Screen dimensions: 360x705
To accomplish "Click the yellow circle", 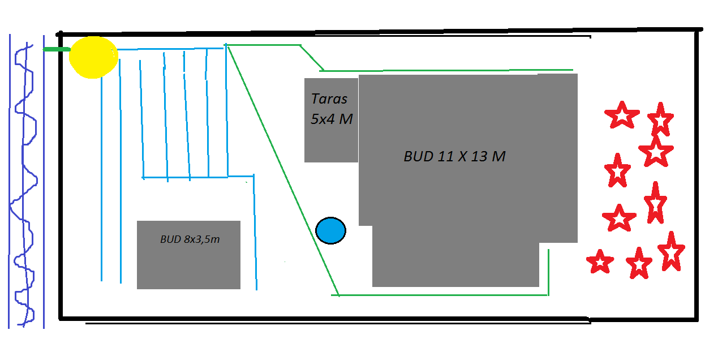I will click(93, 57).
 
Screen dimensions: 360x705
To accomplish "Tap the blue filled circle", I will click(330, 231).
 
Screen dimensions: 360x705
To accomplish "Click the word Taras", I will click(329, 98).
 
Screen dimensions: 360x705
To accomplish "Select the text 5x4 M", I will click(332, 119).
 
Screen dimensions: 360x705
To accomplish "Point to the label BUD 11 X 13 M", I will click(454, 156).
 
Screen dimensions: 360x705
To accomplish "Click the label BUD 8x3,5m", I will click(190, 239).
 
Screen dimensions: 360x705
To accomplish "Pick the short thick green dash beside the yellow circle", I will click(56, 50).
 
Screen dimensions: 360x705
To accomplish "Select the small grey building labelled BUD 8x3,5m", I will click(188, 266).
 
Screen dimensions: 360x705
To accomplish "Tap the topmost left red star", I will click(621, 115).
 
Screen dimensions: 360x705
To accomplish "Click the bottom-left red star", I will click(600, 262).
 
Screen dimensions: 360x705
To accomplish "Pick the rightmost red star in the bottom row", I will click(671, 251).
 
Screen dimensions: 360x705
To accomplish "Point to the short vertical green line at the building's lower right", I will click(548, 272).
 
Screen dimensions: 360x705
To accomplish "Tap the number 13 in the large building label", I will click(479, 156).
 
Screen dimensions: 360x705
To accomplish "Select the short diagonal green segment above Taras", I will click(311, 57).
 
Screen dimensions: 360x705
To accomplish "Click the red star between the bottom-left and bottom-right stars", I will click(639, 263).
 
